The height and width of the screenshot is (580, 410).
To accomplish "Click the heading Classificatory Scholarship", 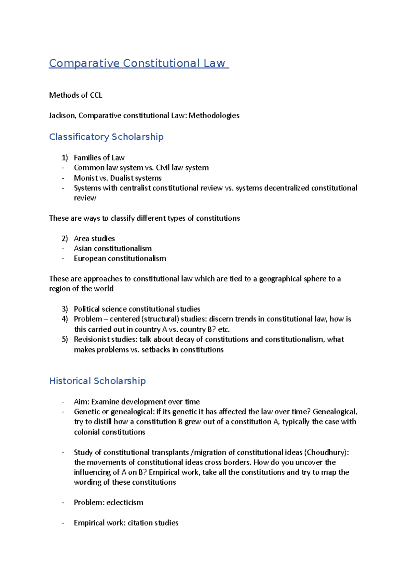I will tap(106, 137).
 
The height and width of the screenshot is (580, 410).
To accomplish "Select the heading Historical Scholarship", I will tap(97, 381).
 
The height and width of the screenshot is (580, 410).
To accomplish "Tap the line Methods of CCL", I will tap(76, 95).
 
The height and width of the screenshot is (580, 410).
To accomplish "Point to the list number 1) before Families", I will tap(65, 158).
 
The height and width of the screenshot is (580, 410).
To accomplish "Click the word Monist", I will tap(85, 178).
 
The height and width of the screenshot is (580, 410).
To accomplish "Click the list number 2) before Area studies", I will tap(65, 238).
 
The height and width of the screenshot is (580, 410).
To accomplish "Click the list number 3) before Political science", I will tap(65, 309).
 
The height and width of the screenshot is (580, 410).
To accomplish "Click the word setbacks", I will tap(155, 350).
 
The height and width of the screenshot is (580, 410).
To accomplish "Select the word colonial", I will tap(87, 432).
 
